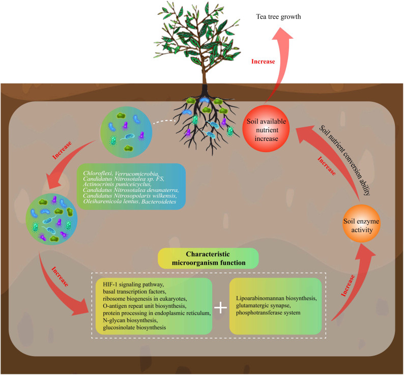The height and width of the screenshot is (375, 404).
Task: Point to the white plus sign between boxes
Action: point(220,308)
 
